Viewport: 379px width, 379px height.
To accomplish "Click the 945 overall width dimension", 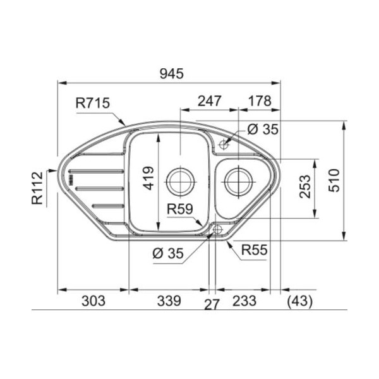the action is pyautogui.click(x=172, y=73).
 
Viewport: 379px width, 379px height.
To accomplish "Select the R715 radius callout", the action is pyautogui.click(x=93, y=102).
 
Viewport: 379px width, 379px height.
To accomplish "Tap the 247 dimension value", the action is pyautogui.click(x=209, y=101).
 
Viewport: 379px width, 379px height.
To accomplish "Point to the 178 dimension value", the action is pyautogui.click(x=260, y=101).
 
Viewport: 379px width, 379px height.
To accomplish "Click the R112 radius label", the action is pyautogui.click(x=37, y=188).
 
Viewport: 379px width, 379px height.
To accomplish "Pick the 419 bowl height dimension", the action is pyautogui.click(x=148, y=178).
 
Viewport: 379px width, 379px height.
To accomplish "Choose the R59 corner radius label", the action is pyautogui.click(x=180, y=209).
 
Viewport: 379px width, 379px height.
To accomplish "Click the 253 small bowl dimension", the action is pyautogui.click(x=304, y=186).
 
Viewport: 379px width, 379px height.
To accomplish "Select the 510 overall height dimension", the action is pyautogui.click(x=334, y=180).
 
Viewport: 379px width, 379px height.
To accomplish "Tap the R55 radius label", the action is pyautogui.click(x=255, y=250).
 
